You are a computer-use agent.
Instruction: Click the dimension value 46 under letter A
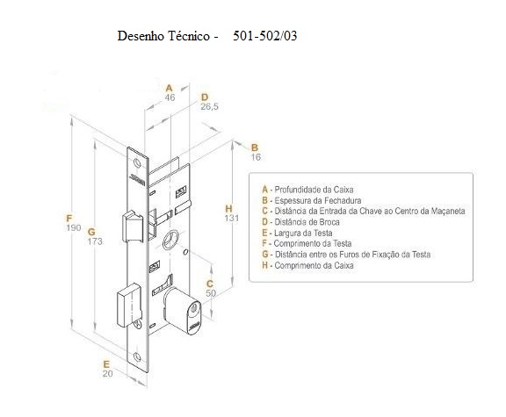pyautogui.click(x=170, y=97)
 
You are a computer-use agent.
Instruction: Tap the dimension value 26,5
pyautogui.click(x=209, y=106)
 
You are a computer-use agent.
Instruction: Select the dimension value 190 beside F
pyautogui.click(x=74, y=227)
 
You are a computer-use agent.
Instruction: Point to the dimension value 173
pyautogui.click(x=95, y=241)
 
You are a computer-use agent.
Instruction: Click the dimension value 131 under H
pyautogui.click(x=232, y=219)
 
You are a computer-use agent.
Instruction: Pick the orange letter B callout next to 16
pyautogui.click(x=255, y=147)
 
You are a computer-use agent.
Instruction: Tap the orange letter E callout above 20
pyautogui.click(x=106, y=364)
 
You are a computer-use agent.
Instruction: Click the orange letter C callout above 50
pyautogui.click(x=210, y=284)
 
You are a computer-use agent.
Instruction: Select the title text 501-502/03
pyautogui.click(x=265, y=35)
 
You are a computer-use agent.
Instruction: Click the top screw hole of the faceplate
pyautogui.click(x=137, y=163)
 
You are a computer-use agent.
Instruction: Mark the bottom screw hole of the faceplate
pyautogui.click(x=137, y=357)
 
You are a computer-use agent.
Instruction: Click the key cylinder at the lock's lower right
pyautogui.click(x=183, y=310)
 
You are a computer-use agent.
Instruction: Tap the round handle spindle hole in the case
pyautogui.click(x=170, y=240)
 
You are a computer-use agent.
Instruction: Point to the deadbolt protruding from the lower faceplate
pyautogui.click(x=128, y=306)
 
